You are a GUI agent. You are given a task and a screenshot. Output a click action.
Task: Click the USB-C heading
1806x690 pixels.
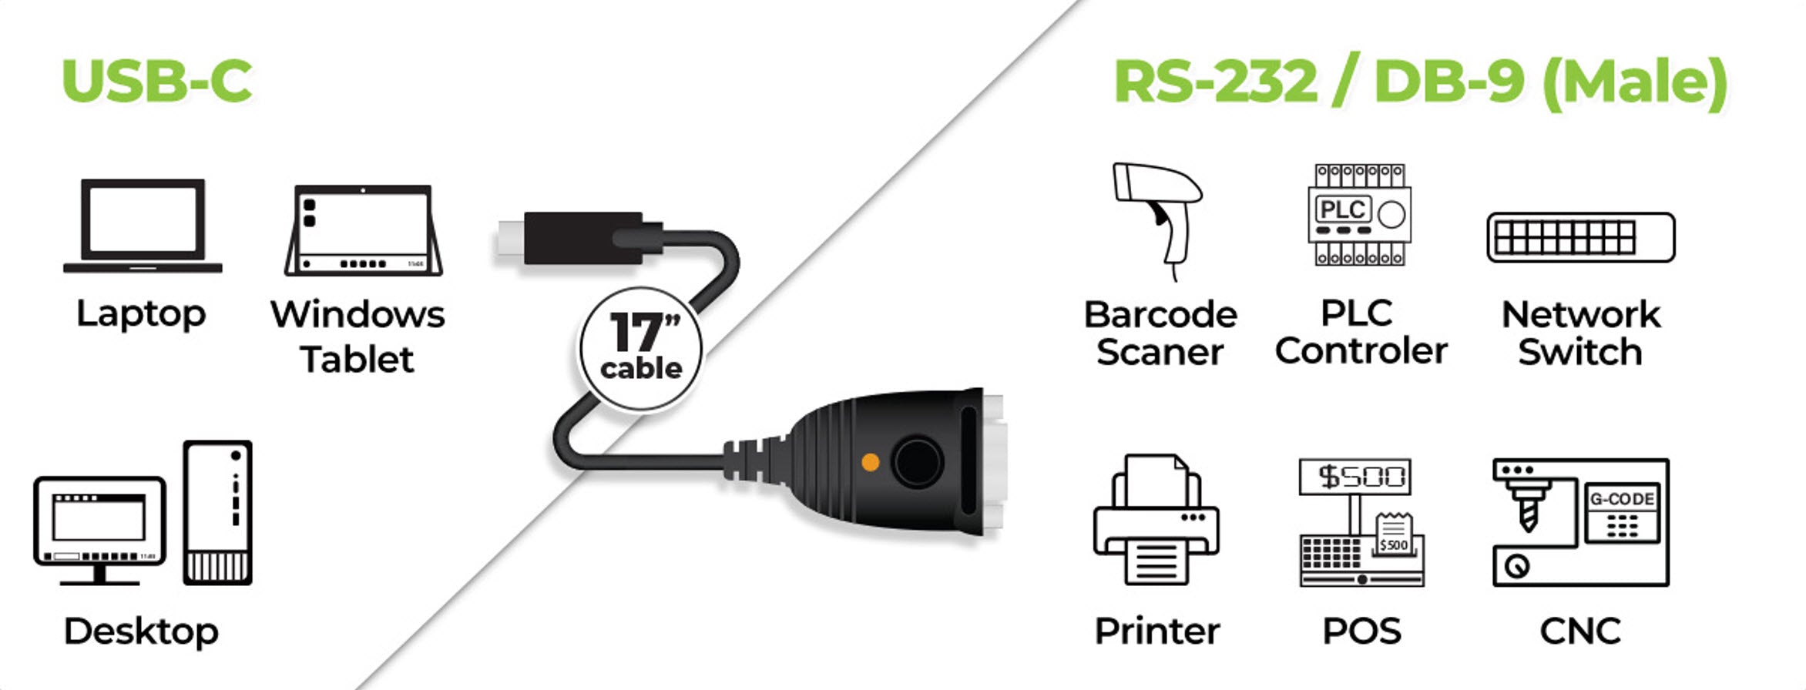click(x=157, y=81)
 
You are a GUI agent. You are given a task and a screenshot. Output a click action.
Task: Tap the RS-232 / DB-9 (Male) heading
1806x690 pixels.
click(x=1420, y=82)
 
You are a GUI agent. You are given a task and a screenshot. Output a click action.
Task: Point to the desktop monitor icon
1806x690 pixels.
click(x=99, y=528)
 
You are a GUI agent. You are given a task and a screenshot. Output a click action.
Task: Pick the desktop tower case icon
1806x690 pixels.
click(x=218, y=512)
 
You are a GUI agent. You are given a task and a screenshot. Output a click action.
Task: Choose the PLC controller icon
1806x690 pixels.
click(x=1360, y=215)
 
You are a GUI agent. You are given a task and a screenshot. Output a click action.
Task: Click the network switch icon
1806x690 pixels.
click(x=1580, y=237)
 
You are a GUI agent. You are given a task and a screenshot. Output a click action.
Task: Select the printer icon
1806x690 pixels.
click(x=1156, y=521)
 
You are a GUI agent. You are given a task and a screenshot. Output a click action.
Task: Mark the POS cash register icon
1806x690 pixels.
click(x=1361, y=523)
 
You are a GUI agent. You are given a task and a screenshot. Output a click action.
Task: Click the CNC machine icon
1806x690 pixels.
click(x=1580, y=523)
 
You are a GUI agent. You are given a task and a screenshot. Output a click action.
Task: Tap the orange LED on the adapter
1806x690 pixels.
click(x=871, y=462)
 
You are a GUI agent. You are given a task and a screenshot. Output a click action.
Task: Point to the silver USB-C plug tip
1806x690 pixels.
click(x=510, y=237)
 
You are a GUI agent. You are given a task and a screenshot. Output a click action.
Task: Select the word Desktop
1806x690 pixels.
click(x=141, y=631)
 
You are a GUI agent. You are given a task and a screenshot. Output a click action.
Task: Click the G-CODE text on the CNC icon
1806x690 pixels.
click(x=1622, y=499)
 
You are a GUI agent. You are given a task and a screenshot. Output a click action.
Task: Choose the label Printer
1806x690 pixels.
click(x=1157, y=631)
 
